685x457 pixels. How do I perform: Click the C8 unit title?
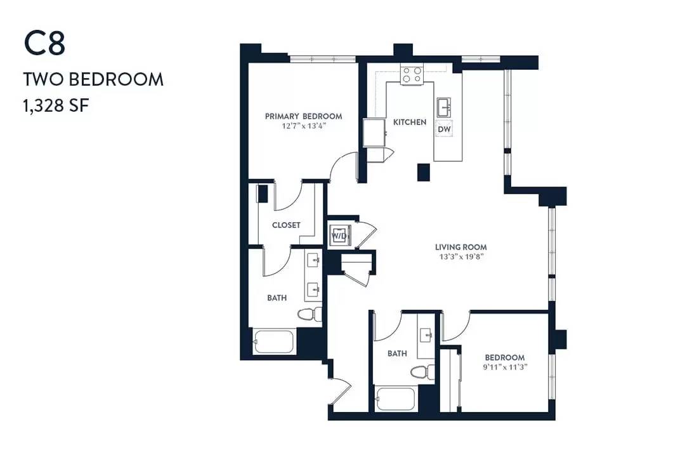44,44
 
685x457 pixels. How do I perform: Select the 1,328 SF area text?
56,105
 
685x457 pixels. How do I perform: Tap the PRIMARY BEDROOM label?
304,116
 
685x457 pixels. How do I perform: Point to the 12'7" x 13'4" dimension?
304,126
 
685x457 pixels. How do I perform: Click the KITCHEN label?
410,122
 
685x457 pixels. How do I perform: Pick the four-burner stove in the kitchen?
412,75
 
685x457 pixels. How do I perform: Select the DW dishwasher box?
444,129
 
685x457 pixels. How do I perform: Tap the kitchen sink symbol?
444,107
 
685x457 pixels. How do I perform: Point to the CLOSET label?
286,225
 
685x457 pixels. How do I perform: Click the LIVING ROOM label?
461,247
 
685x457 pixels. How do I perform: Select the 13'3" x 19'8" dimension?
461,256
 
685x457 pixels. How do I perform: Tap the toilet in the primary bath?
310,314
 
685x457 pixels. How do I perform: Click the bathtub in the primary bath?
273,341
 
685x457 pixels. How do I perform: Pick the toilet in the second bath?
422,372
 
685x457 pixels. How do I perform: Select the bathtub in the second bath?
395,399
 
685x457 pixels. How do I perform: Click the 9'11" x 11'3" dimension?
505,367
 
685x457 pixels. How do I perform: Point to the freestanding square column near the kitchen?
424,172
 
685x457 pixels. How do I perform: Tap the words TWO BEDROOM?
93,79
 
